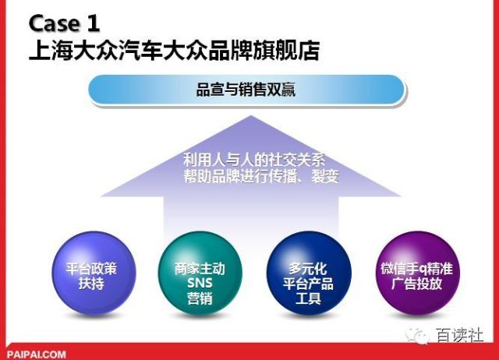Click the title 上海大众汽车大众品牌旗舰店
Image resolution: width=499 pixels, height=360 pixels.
coord(173,50)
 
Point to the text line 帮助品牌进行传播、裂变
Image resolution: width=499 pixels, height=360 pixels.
coord(250,177)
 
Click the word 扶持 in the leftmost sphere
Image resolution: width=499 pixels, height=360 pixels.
coord(90,284)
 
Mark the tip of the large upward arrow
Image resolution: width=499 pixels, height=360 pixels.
coord(249,118)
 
